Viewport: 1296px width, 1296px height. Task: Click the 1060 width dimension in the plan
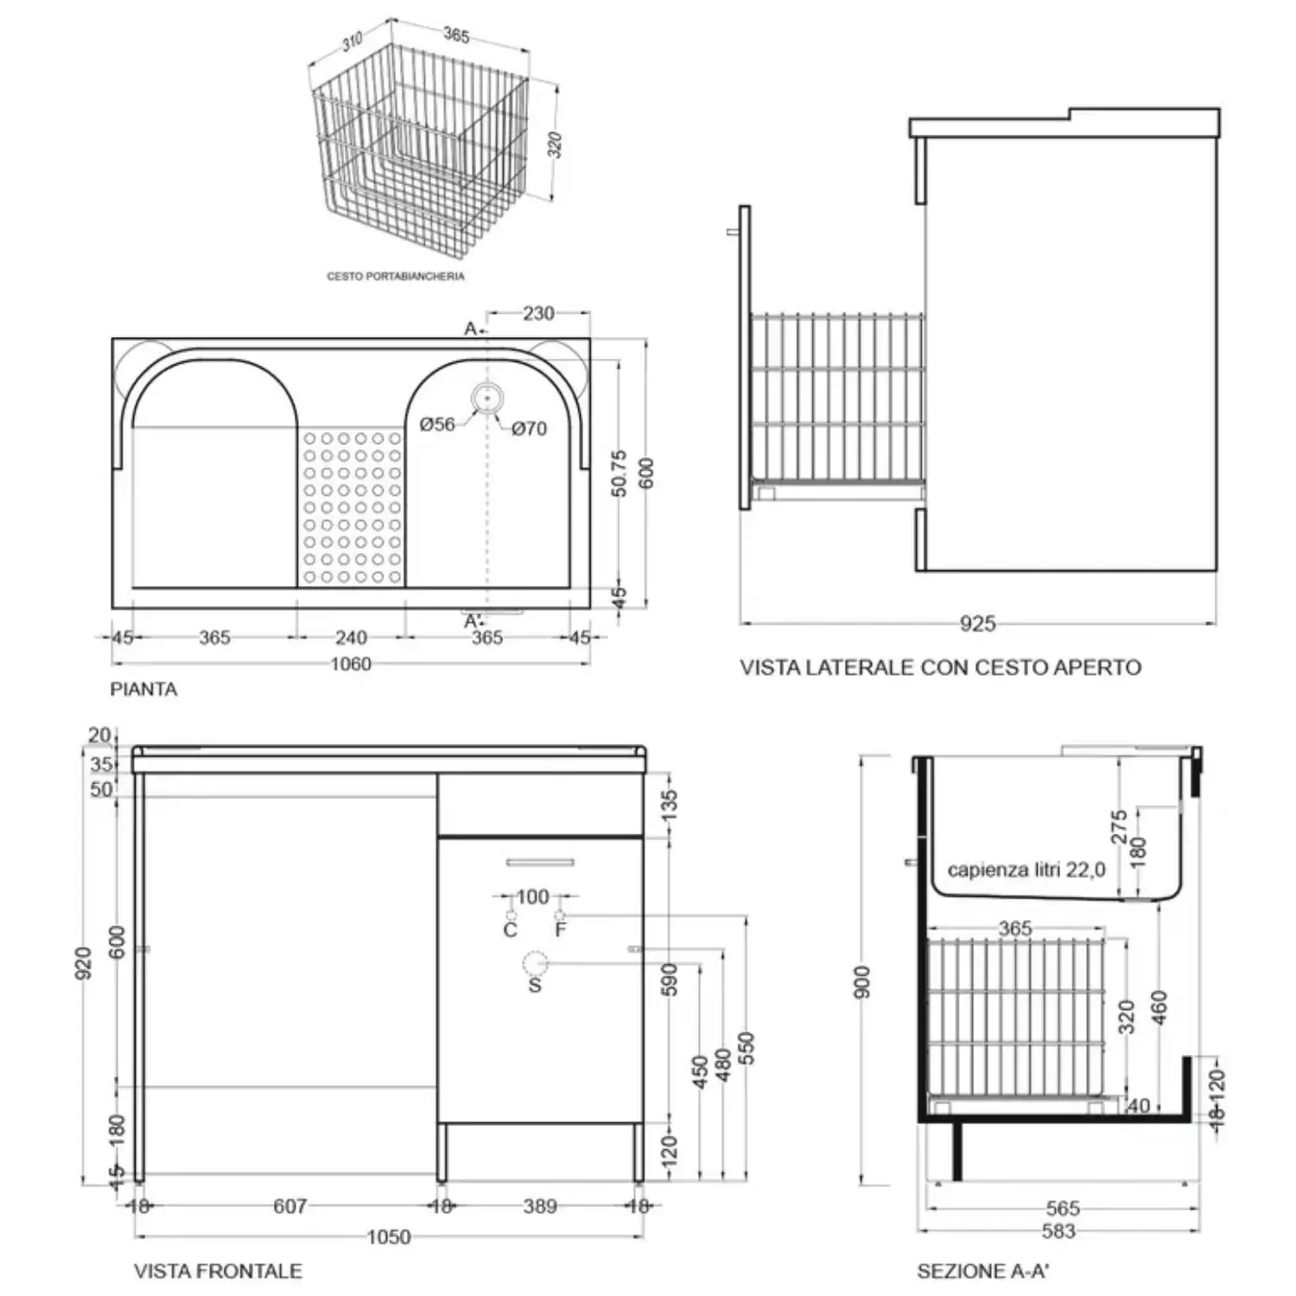pos(351,664)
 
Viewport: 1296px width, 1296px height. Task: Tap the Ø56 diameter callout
pos(437,424)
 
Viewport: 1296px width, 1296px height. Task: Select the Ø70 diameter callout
pos(529,429)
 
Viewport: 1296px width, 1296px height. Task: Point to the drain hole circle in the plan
pos(487,398)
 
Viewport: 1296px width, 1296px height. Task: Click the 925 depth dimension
pos(977,623)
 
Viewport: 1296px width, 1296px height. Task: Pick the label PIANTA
pos(143,689)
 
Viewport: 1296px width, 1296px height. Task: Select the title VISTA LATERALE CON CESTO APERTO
pos(940,667)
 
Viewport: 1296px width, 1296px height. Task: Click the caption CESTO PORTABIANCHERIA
pos(395,276)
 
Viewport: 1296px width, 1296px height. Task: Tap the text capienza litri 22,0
pos(1026,870)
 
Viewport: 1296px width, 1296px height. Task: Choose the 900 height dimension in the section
pos(862,982)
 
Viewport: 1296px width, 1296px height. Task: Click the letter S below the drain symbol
pos(535,984)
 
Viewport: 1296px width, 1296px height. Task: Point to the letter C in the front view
pos(510,930)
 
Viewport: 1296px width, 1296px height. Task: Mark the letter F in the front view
pos(561,930)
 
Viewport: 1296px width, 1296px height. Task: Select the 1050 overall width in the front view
pos(389,1237)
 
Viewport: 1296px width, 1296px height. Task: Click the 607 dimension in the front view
pos(289,1206)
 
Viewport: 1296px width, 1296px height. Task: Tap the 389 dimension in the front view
pos(539,1206)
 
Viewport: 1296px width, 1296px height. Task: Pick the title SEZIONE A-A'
pos(982,1271)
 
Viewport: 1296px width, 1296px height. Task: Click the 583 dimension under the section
pos(1058,1230)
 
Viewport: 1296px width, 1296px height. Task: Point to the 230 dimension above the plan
pos(538,313)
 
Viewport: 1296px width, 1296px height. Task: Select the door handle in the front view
pos(540,862)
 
